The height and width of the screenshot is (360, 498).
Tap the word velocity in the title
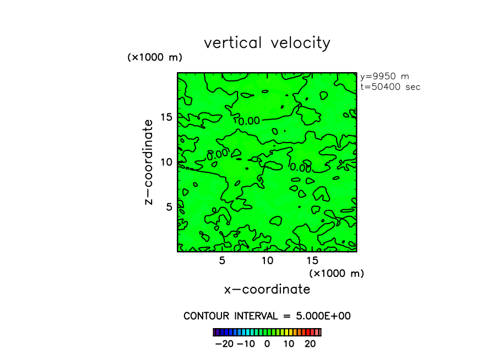[x=301, y=43]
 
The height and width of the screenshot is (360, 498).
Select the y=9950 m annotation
[x=385, y=77]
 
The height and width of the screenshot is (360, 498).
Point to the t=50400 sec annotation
[x=390, y=87]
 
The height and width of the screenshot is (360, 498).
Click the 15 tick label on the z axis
[x=167, y=117]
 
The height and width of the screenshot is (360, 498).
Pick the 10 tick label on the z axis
[x=167, y=162]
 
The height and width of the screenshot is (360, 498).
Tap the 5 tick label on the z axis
[x=170, y=207]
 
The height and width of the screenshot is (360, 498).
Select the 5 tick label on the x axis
[x=222, y=260]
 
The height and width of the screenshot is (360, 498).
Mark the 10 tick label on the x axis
[x=267, y=260]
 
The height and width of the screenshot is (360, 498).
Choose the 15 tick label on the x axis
[x=312, y=260]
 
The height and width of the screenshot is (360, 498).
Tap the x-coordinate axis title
[x=267, y=290]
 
